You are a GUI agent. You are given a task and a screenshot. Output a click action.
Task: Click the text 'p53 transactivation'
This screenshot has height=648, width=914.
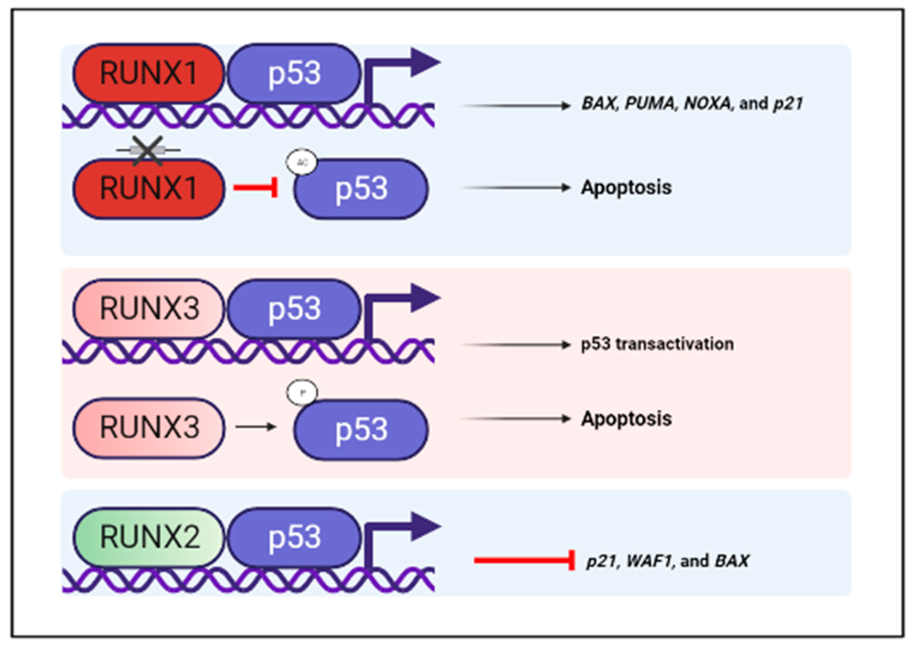657,344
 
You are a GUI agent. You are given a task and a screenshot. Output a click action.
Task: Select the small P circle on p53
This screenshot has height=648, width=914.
302,393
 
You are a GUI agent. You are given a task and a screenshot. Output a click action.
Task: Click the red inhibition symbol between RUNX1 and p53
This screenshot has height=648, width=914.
256,188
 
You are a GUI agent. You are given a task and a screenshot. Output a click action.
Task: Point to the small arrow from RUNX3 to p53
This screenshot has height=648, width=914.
256,427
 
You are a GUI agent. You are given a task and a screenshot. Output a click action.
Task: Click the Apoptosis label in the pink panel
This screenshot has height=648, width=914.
626,419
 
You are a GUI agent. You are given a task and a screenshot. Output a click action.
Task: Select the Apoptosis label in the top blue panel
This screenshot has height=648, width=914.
626,188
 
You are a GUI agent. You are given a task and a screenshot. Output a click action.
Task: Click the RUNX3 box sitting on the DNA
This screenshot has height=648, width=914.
148,308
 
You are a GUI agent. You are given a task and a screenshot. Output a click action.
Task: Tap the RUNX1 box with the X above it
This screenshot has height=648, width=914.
148,188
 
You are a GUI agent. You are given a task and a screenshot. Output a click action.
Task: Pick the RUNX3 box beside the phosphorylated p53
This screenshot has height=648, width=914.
148,428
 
